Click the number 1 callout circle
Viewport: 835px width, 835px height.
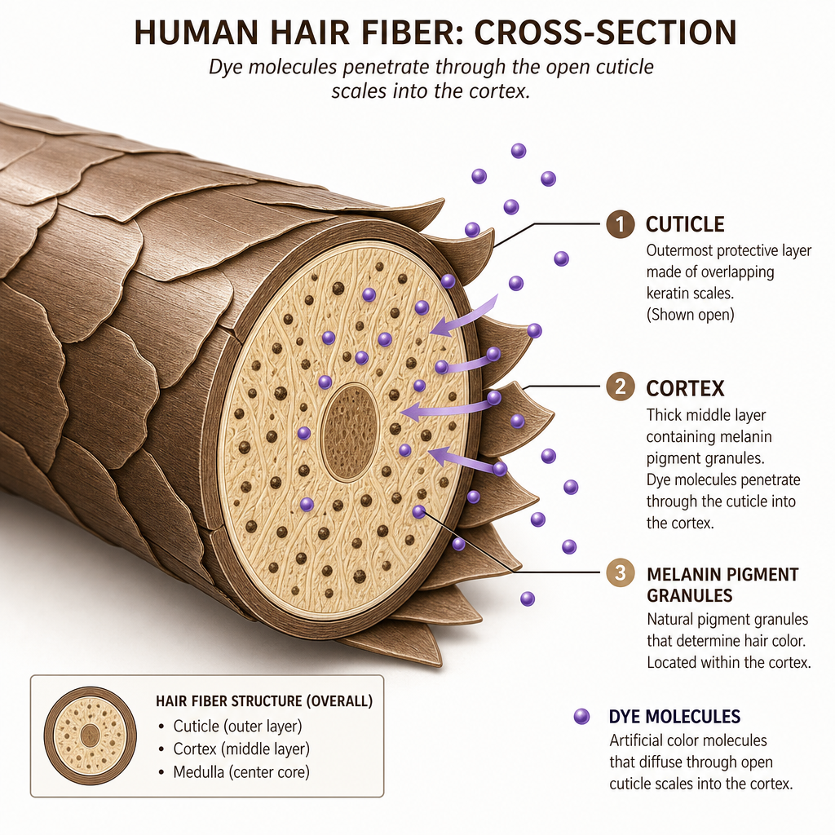coord(621,223)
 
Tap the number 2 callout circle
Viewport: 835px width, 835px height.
coord(621,387)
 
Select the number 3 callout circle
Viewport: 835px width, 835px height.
coord(621,573)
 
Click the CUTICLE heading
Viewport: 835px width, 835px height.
coord(685,224)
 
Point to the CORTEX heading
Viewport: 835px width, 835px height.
coord(685,388)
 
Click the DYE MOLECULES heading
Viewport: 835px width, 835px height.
coord(674,716)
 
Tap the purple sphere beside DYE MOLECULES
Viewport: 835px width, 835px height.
coord(581,716)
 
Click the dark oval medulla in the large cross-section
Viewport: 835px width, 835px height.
coord(351,432)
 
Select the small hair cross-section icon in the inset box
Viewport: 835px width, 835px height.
coord(90,736)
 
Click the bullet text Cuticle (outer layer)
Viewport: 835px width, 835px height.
coord(237,726)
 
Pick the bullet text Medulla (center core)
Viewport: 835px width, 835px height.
coord(241,771)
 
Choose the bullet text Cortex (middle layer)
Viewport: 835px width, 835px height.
coord(241,749)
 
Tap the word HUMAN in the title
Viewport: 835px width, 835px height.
coord(197,32)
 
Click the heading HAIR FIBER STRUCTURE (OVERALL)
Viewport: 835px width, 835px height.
coord(264,700)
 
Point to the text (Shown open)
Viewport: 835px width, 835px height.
coord(690,314)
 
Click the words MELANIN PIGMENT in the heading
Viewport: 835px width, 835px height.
coord(722,574)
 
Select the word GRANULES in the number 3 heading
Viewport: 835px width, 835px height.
coord(690,595)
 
